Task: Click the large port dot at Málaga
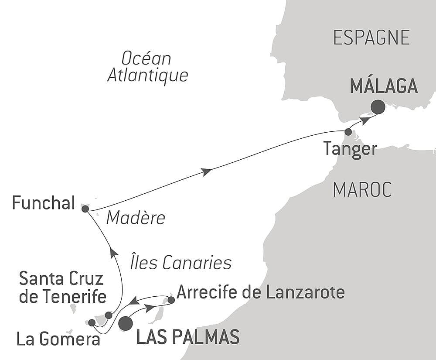pyautogui.click(x=378, y=107)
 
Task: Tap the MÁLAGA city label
pyautogui.click(x=384, y=86)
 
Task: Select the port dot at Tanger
pyautogui.click(x=348, y=132)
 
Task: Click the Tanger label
pyautogui.click(x=350, y=149)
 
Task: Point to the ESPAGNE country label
pyautogui.click(x=371, y=38)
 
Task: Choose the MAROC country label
pyautogui.click(x=362, y=189)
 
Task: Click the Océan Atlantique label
pyautogui.click(x=147, y=67)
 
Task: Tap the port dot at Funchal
pyautogui.click(x=85, y=209)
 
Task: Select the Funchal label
pyautogui.click(x=44, y=203)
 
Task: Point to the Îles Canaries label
pyautogui.click(x=181, y=263)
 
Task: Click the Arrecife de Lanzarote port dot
pyautogui.click(x=171, y=300)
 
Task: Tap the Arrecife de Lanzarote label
pyautogui.click(x=260, y=292)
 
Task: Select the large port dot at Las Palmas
pyautogui.click(x=126, y=323)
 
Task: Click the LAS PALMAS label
pyautogui.click(x=188, y=337)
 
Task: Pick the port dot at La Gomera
pyautogui.click(x=92, y=322)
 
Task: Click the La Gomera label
pyautogui.click(x=58, y=339)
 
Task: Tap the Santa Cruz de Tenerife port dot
pyautogui.click(x=109, y=315)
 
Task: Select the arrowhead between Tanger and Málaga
pyautogui.click(x=365, y=119)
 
